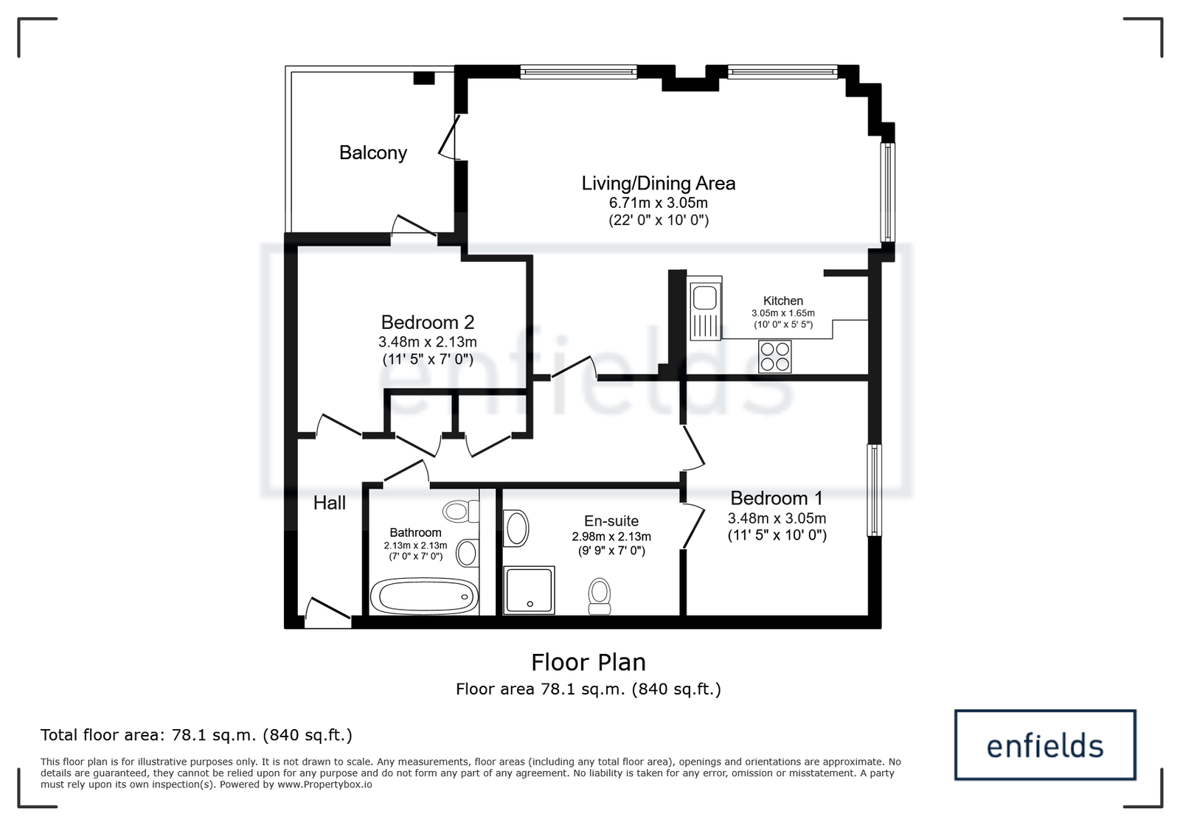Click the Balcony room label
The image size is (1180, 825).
click(x=373, y=153)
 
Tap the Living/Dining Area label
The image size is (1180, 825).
click(x=658, y=184)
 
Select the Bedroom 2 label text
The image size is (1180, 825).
click(x=427, y=321)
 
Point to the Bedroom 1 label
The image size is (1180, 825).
click(x=776, y=498)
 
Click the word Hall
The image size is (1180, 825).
click(x=329, y=503)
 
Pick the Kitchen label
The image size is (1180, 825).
click(x=782, y=301)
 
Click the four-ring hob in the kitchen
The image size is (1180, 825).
click(x=774, y=356)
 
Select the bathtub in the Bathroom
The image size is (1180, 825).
click(x=424, y=596)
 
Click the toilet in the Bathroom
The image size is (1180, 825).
click(x=461, y=511)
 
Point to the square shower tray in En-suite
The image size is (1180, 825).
click(x=529, y=591)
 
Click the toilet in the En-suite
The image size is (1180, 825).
click(x=600, y=596)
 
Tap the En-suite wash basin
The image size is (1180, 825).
click(x=516, y=528)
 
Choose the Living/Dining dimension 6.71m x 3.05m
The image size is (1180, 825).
click(x=658, y=203)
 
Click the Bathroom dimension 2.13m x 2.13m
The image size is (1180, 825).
click(x=415, y=546)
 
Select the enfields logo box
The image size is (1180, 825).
click(x=1044, y=745)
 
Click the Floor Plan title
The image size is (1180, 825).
click(x=588, y=662)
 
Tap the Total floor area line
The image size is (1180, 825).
click(x=196, y=734)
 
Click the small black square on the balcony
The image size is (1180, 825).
click(x=423, y=78)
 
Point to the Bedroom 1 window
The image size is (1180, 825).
click(x=874, y=490)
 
